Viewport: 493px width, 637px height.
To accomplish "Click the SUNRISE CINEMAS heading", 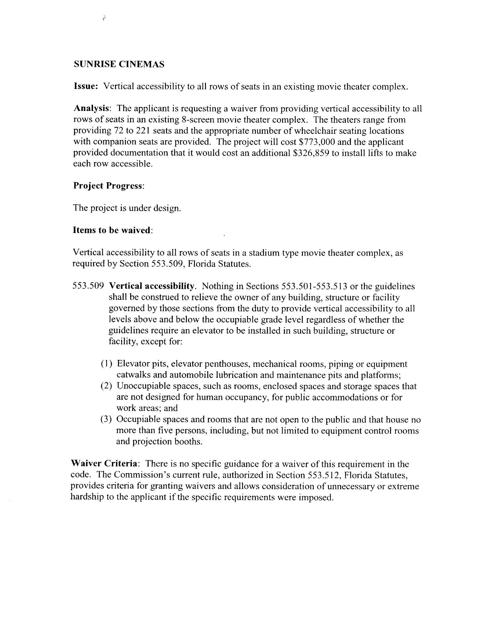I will [x=119, y=64].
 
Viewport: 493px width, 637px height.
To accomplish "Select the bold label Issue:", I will [x=85, y=86].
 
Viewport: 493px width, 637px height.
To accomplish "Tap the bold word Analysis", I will [x=91, y=109].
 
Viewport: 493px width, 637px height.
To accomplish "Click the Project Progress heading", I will [x=108, y=186].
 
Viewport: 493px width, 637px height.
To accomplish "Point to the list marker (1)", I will [x=107, y=364].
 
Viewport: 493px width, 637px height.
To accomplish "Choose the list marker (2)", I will [x=107, y=386].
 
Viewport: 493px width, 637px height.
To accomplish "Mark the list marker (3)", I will [x=107, y=419].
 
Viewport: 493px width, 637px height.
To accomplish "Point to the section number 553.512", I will [x=325, y=475].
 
